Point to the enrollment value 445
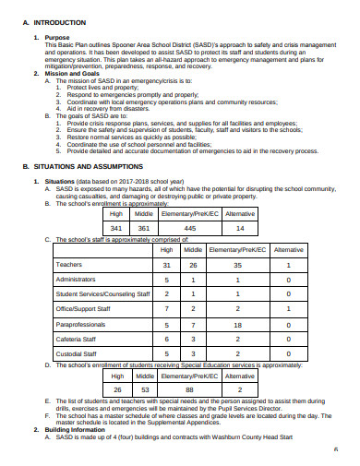189,228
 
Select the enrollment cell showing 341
116,228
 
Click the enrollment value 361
143,228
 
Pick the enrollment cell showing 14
240,228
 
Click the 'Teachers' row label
71,264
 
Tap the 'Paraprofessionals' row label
84,325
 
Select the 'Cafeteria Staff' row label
78,339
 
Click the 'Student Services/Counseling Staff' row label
102,293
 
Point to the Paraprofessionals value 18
237,325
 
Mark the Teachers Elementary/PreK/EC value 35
237,264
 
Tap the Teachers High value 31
167,264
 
